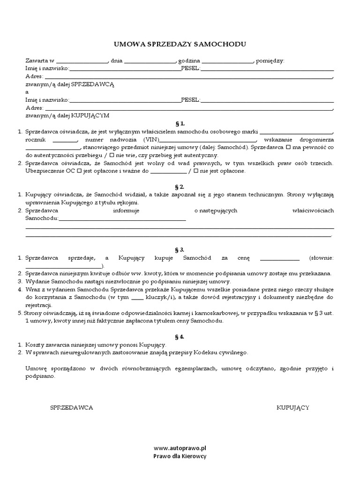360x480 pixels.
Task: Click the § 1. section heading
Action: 180,124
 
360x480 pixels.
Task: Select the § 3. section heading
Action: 180,250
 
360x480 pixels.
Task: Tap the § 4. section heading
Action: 180,337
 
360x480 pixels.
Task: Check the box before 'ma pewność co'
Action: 288,148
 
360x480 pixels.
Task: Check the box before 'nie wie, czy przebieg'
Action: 112,156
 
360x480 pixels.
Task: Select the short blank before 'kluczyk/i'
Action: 137,297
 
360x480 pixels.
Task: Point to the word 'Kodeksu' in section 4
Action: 214,352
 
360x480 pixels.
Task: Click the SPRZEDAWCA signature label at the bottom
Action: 71,408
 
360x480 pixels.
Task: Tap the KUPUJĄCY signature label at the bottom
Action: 292,408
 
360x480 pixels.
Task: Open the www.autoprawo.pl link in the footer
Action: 180,448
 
